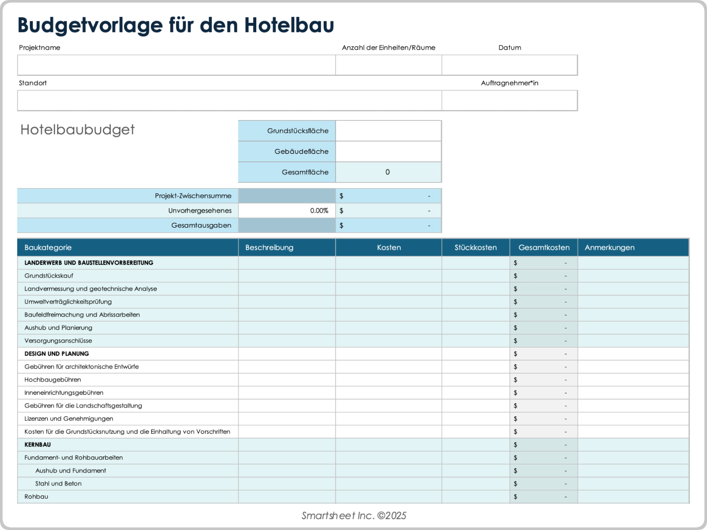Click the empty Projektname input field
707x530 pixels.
tap(176, 65)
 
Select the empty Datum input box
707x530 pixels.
tap(509, 65)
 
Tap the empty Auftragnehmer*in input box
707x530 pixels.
tap(509, 100)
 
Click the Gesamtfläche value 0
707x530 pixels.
tap(387, 172)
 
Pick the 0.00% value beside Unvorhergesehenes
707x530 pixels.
tap(319, 211)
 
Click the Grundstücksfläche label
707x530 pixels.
tap(298, 131)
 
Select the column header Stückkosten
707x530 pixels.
tap(475, 248)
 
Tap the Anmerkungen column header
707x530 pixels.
tap(609, 248)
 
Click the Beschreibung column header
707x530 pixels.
tap(269, 248)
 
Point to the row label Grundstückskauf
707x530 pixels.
tap(49, 276)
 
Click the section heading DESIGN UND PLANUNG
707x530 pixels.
tap(57, 354)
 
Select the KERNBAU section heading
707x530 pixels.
tap(38, 445)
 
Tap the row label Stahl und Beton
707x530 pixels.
tap(58, 484)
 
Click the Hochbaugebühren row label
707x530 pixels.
tap(53, 380)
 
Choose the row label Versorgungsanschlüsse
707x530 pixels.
tap(58, 341)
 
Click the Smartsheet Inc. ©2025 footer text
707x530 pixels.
tap(354, 516)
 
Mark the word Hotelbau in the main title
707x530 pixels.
tap(289, 25)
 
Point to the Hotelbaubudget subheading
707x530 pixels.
tap(77, 130)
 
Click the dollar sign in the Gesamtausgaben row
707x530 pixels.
tap(341, 226)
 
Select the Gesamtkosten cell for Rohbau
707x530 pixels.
tap(544, 497)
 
